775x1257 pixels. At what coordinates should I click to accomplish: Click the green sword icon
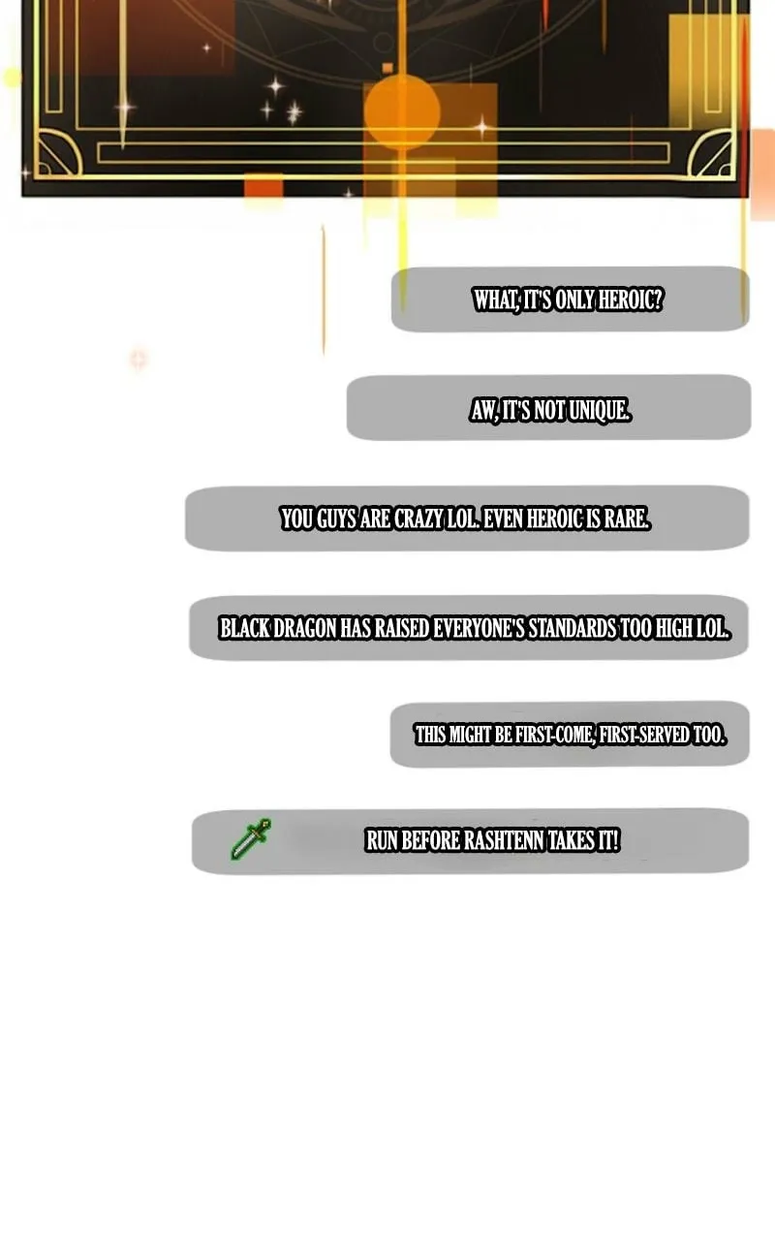[x=251, y=839]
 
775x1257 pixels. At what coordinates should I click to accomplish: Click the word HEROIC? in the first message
[x=631, y=299]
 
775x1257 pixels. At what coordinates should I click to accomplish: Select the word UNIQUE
[x=600, y=410]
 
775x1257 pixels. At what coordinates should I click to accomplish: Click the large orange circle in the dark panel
[x=401, y=111]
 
